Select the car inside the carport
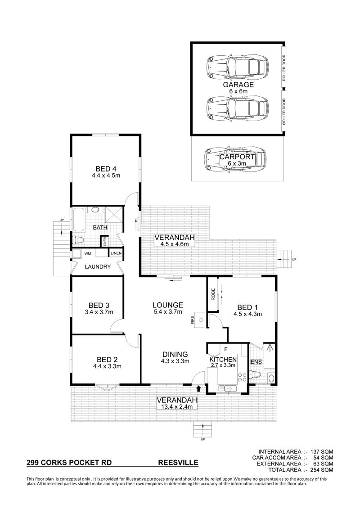click(x=235, y=159)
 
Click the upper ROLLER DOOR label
click(x=283, y=68)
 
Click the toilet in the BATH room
click(x=78, y=240)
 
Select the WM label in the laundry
click(x=88, y=253)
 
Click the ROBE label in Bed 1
click(x=213, y=294)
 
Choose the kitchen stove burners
click(x=242, y=377)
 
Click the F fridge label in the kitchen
click(x=226, y=349)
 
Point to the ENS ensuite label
click(x=256, y=362)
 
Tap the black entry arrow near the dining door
click(x=198, y=388)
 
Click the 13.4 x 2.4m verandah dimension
click(x=177, y=406)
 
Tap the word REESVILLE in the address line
click(x=178, y=463)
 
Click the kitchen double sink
click(x=228, y=387)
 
